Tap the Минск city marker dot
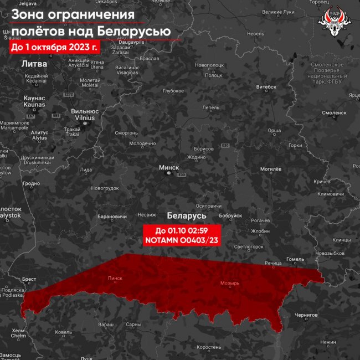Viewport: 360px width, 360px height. (169, 173)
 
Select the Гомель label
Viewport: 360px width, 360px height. (295, 259)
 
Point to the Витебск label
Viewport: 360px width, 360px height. (266, 87)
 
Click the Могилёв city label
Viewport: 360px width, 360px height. (271, 169)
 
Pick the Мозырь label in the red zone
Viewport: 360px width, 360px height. (230, 283)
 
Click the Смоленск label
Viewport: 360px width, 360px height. (334, 112)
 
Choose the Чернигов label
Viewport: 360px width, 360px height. (306, 315)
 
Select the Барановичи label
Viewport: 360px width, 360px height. (112, 216)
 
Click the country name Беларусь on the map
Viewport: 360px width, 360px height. (186, 215)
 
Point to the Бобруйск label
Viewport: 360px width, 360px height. (230, 215)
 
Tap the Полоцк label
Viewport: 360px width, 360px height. (214, 75)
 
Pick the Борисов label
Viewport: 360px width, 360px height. (204, 150)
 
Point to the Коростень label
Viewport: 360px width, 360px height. (209, 347)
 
